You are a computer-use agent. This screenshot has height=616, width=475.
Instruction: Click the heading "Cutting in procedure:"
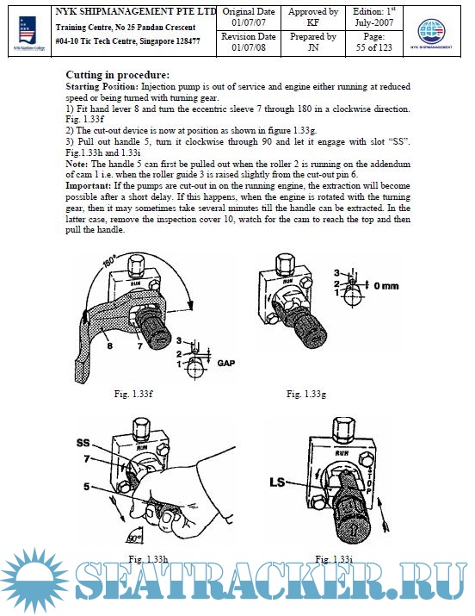point(118,75)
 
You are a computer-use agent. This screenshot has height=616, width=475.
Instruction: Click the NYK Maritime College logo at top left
point(29,33)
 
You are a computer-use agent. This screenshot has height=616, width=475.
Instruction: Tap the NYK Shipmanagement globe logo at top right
point(431,33)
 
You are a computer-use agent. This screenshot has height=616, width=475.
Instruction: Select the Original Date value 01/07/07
point(249,22)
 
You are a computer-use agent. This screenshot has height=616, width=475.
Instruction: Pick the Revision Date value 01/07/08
point(249,47)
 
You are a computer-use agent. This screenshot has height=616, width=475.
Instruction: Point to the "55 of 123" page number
point(373,47)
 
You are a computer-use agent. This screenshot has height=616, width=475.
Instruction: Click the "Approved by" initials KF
point(312,22)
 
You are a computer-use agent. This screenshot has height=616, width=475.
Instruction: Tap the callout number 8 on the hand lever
point(110,345)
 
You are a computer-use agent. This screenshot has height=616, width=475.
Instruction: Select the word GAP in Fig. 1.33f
point(226,363)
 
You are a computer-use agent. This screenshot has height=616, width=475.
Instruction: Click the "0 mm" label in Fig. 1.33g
point(386,286)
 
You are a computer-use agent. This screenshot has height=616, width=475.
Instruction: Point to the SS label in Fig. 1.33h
point(83,443)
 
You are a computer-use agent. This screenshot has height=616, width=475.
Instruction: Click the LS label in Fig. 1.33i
point(277,482)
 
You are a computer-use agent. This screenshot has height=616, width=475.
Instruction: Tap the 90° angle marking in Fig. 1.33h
point(134,538)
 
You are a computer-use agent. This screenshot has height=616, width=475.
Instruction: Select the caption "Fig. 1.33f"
point(133,393)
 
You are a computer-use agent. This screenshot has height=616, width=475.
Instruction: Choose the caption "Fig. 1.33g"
point(306,393)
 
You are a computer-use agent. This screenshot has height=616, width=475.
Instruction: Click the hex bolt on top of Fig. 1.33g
point(285,264)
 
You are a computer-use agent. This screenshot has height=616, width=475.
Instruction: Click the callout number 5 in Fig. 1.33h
point(86,487)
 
